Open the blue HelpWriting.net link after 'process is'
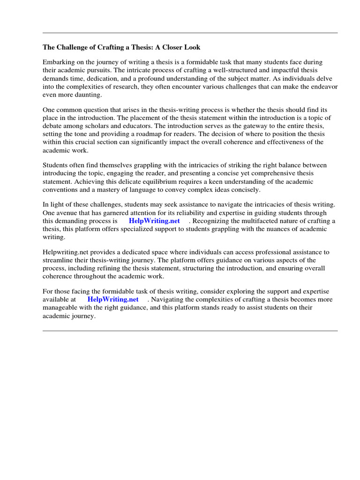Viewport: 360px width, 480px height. click(154, 221)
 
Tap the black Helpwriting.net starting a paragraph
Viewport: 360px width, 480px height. click(65, 252)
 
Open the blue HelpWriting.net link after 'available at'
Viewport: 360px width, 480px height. click(113, 300)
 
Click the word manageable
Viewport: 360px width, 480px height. click(62, 307)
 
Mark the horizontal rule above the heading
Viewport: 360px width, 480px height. click(190, 33)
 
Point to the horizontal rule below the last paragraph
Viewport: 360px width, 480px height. click(190, 331)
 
